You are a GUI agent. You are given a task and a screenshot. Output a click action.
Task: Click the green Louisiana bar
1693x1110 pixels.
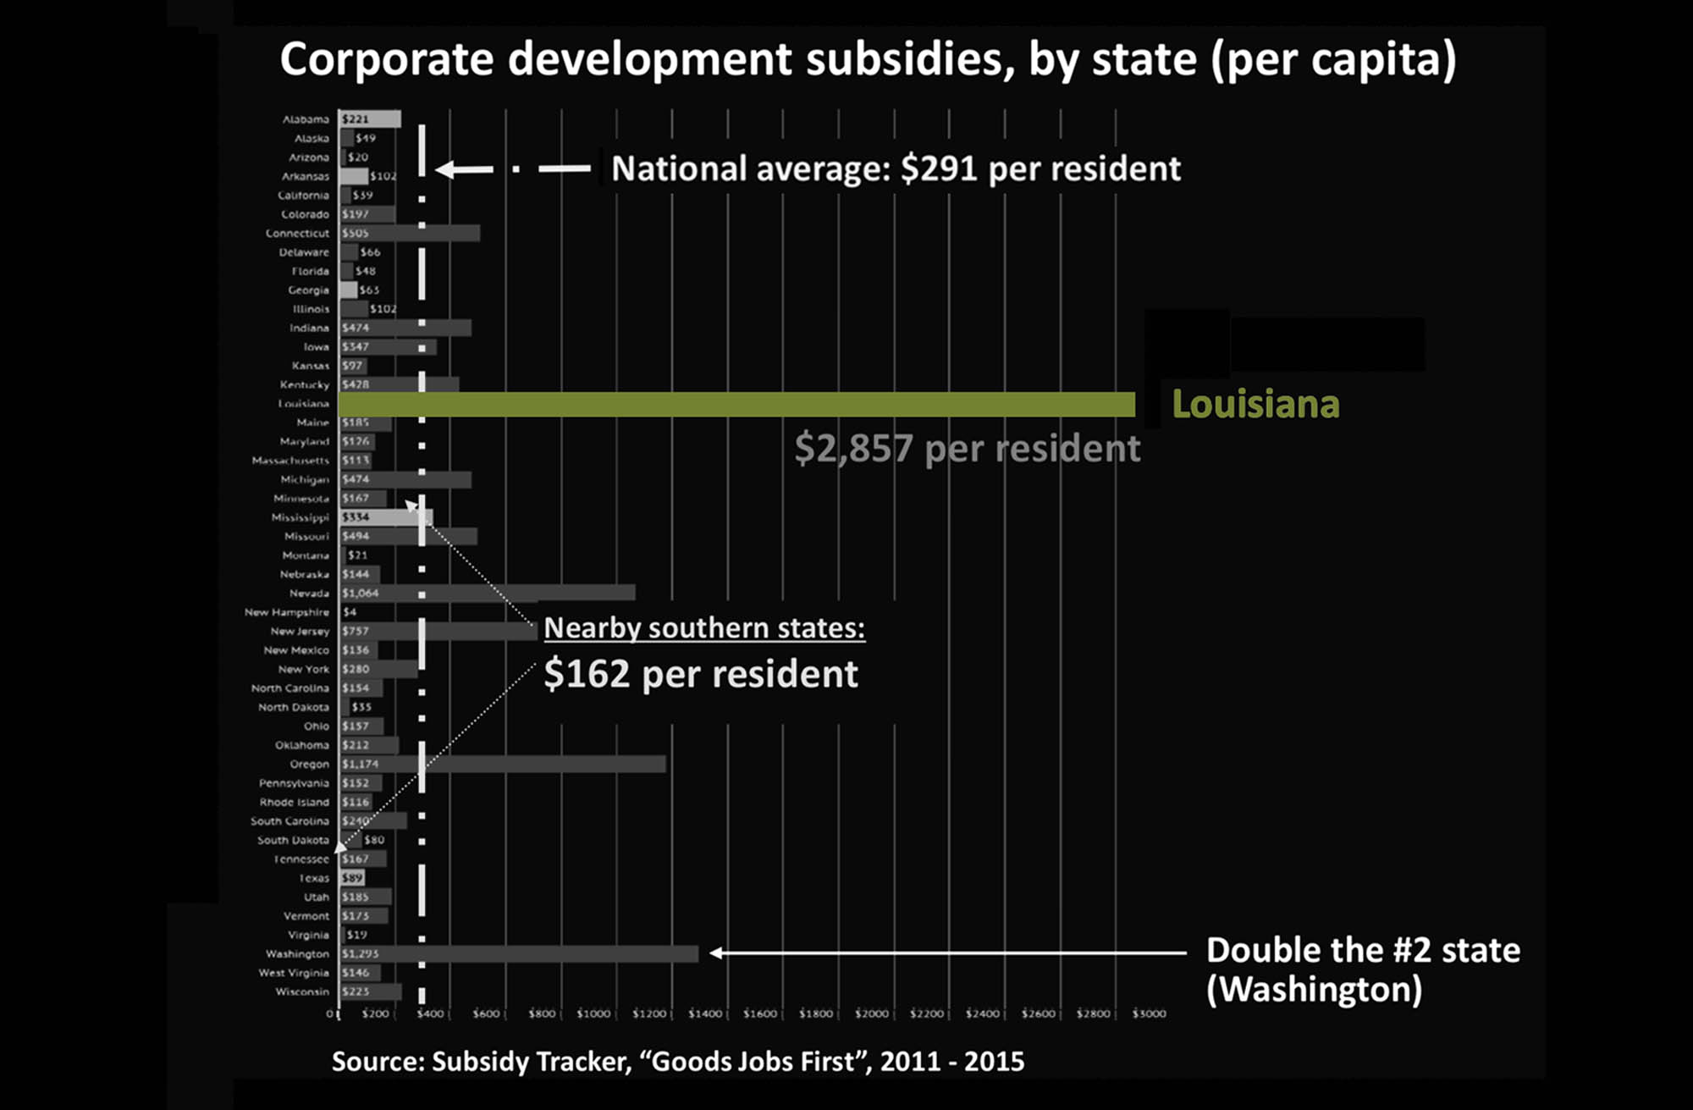(x=736, y=404)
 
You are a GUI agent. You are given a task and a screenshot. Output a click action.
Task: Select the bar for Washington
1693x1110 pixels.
(x=519, y=953)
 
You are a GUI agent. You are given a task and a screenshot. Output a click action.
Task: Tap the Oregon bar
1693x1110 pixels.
(x=503, y=764)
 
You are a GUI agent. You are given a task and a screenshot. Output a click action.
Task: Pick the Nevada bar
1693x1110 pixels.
(x=487, y=593)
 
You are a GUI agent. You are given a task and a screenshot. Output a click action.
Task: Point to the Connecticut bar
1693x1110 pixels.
(x=410, y=233)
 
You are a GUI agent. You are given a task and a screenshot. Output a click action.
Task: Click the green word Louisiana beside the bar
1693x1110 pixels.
(x=1255, y=405)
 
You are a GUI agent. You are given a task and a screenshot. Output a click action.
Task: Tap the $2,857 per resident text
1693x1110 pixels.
(x=967, y=448)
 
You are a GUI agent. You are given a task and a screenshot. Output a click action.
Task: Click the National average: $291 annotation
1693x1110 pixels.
(x=896, y=168)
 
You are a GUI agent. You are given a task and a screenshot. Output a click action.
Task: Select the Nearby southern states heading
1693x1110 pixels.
(x=704, y=627)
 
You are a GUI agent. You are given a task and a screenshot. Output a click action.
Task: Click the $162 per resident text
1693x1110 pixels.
(x=701, y=674)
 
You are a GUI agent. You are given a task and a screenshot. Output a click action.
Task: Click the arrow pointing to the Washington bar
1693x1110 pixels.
(x=948, y=953)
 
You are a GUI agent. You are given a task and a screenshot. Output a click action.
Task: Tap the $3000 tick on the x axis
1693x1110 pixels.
(x=1150, y=1013)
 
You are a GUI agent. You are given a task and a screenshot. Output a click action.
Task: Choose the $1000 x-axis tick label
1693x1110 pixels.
(x=593, y=1013)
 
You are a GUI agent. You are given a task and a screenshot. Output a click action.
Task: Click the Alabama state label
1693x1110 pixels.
(x=306, y=119)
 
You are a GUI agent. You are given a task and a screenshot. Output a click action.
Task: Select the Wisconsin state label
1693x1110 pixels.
(x=302, y=991)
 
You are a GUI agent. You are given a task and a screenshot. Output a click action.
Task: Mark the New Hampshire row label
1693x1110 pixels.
(x=287, y=612)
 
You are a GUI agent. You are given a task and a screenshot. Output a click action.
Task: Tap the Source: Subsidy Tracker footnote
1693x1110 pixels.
(x=677, y=1061)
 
